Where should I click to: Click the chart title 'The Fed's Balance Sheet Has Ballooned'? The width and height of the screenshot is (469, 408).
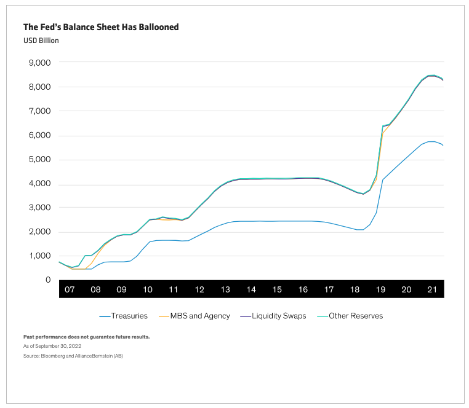click(101, 27)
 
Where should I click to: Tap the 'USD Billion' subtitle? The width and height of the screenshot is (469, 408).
click(41, 41)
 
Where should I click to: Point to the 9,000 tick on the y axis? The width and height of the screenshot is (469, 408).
click(40, 63)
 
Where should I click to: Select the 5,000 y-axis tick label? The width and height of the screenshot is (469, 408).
click(40, 159)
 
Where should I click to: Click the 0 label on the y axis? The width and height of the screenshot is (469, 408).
click(48, 280)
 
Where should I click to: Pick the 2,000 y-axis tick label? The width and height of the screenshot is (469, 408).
click(40, 232)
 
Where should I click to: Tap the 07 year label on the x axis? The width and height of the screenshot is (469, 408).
click(70, 289)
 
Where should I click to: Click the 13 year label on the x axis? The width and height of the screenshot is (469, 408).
click(225, 289)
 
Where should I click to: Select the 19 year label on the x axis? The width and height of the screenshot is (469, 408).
click(380, 289)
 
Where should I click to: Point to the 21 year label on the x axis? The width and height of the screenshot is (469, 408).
click(432, 289)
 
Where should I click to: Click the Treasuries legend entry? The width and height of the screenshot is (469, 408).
click(124, 316)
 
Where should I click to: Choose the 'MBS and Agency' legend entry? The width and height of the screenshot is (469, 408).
click(194, 316)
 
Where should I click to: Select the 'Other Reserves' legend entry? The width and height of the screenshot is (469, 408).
click(350, 316)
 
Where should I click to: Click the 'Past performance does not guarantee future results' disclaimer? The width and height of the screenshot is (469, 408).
click(86, 337)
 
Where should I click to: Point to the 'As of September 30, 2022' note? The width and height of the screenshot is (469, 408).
click(52, 346)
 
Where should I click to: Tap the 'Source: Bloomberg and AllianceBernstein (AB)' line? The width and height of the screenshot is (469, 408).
click(73, 356)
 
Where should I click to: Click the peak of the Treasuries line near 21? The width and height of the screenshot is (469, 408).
click(431, 141)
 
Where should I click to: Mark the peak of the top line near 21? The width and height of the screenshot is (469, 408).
click(432, 75)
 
